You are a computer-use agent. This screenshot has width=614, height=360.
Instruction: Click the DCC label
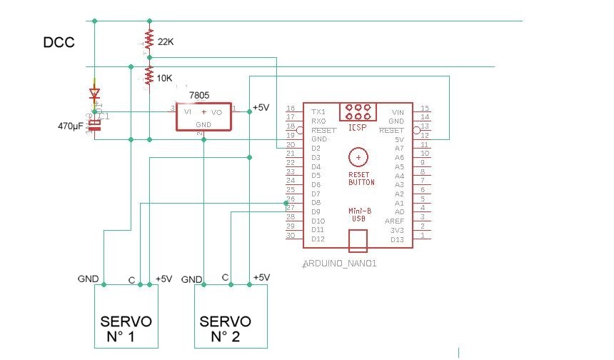click(59, 43)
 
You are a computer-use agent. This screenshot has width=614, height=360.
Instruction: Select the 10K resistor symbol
click(149, 76)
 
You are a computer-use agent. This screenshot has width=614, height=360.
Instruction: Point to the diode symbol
click(94, 93)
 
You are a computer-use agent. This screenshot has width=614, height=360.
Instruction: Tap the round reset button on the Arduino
click(359, 157)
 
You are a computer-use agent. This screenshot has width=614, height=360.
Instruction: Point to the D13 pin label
click(398, 239)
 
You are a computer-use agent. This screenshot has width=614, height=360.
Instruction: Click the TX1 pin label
click(318, 112)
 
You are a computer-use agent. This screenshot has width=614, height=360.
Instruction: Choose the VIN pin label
click(398, 112)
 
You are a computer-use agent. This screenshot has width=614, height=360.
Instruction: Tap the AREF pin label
click(396, 221)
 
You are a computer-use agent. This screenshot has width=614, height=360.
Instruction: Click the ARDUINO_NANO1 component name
click(340, 264)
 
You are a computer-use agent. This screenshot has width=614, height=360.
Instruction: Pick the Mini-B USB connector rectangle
click(358, 241)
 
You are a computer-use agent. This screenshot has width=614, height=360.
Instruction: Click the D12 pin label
click(318, 239)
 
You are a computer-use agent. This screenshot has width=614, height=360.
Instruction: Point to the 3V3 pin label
click(398, 230)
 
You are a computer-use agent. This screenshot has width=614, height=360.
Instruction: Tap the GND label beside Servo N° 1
click(88, 279)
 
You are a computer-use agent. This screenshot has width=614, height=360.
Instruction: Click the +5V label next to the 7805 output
click(261, 108)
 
